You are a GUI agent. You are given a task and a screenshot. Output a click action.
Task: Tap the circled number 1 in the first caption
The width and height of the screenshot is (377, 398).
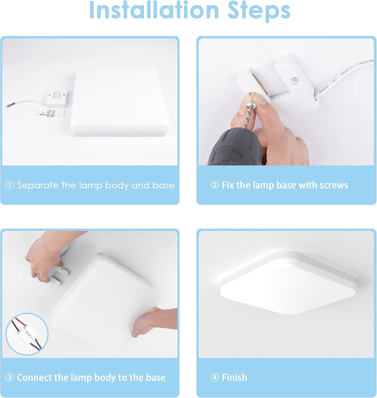[x=10, y=185]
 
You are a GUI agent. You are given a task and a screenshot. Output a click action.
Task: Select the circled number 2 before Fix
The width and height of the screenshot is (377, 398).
[x=215, y=185]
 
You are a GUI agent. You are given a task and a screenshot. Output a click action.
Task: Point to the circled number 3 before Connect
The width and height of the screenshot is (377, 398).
[x=10, y=377]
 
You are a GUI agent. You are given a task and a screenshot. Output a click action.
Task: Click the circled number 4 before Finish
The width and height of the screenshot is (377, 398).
[x=215, y=377]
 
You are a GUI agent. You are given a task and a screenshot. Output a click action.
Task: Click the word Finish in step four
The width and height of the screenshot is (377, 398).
[x=234, y=377]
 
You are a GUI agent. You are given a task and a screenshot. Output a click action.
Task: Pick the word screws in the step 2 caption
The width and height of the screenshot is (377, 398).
[x=334, y=185]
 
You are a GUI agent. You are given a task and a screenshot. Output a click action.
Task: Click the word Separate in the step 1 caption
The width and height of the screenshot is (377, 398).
[x=38, y=185]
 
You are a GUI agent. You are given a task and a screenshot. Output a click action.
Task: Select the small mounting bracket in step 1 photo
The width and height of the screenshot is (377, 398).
[x=55, y=100]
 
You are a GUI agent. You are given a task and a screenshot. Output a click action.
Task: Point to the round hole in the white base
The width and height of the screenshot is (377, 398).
[x=294, y=80]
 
